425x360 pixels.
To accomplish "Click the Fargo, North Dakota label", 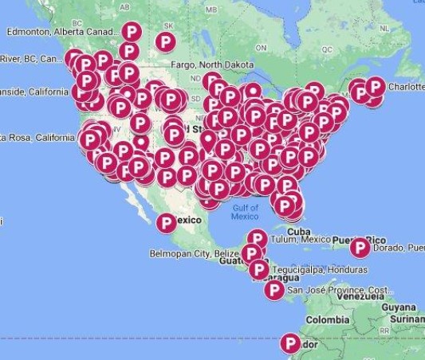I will pos(210,65).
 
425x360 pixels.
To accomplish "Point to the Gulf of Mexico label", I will pos(245,212).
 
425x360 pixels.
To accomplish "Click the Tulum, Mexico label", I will pos(300,240).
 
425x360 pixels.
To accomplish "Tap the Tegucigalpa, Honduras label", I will pos(318,269).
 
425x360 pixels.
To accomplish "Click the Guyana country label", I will pos(398,307).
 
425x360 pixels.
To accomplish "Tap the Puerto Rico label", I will pos(331,240).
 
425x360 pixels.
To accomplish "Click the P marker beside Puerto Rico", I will pos(360,248).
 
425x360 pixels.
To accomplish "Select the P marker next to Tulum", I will pos(257,238).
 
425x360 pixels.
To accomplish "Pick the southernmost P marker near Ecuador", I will pos(291,344).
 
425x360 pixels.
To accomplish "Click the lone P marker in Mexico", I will pos(167,223).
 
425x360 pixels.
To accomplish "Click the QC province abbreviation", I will pos(326,49).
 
